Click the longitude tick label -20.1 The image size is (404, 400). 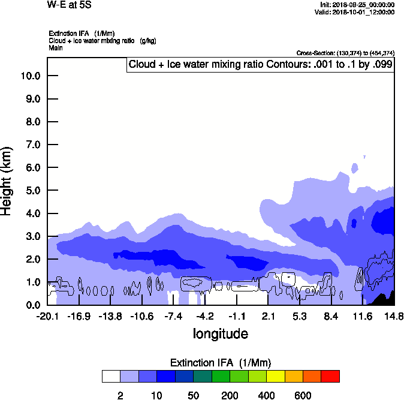47,316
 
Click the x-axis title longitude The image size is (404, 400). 220,333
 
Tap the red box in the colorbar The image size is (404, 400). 330,376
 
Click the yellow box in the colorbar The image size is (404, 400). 275,376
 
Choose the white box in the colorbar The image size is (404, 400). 111,376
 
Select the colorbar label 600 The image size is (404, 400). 303,395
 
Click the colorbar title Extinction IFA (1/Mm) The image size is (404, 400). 221,363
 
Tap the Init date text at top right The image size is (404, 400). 357,4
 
